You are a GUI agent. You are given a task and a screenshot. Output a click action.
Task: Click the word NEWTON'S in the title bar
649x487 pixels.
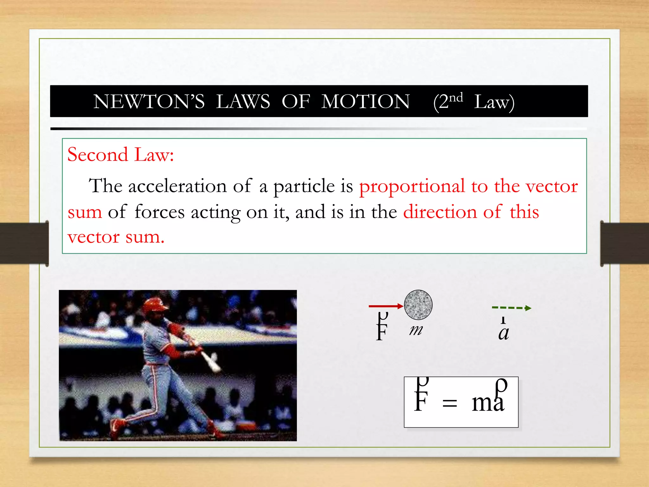coord(149,102)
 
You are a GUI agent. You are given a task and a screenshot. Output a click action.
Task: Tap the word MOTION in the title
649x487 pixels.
coord(365,102)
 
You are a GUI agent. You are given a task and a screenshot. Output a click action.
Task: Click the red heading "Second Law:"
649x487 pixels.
coord(120,155)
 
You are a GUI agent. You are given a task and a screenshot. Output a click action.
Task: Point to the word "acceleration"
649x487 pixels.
coord(177,186)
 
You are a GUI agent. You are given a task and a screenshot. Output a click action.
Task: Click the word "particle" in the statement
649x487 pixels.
coord(304,186)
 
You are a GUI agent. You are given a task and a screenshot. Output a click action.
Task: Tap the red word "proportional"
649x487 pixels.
coord(412,186)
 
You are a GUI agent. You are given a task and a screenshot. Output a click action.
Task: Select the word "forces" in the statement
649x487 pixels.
coord(159,212)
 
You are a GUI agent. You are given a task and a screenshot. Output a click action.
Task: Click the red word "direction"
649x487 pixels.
coord(440,212)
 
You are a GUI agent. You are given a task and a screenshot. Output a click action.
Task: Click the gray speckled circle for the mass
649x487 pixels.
coord(418,304)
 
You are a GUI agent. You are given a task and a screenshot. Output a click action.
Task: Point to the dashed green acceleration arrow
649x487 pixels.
coord(511,308)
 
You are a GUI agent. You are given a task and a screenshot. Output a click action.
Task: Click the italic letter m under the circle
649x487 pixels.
coord(416,330)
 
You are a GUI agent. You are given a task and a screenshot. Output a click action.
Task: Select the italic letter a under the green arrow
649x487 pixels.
coord(504,333)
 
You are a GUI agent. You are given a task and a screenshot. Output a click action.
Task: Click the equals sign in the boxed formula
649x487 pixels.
coord(449,404)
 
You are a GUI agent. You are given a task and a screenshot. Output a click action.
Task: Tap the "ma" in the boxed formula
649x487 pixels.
coord(487,402)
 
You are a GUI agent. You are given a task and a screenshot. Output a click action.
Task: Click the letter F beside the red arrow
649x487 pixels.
coord(382,331)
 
